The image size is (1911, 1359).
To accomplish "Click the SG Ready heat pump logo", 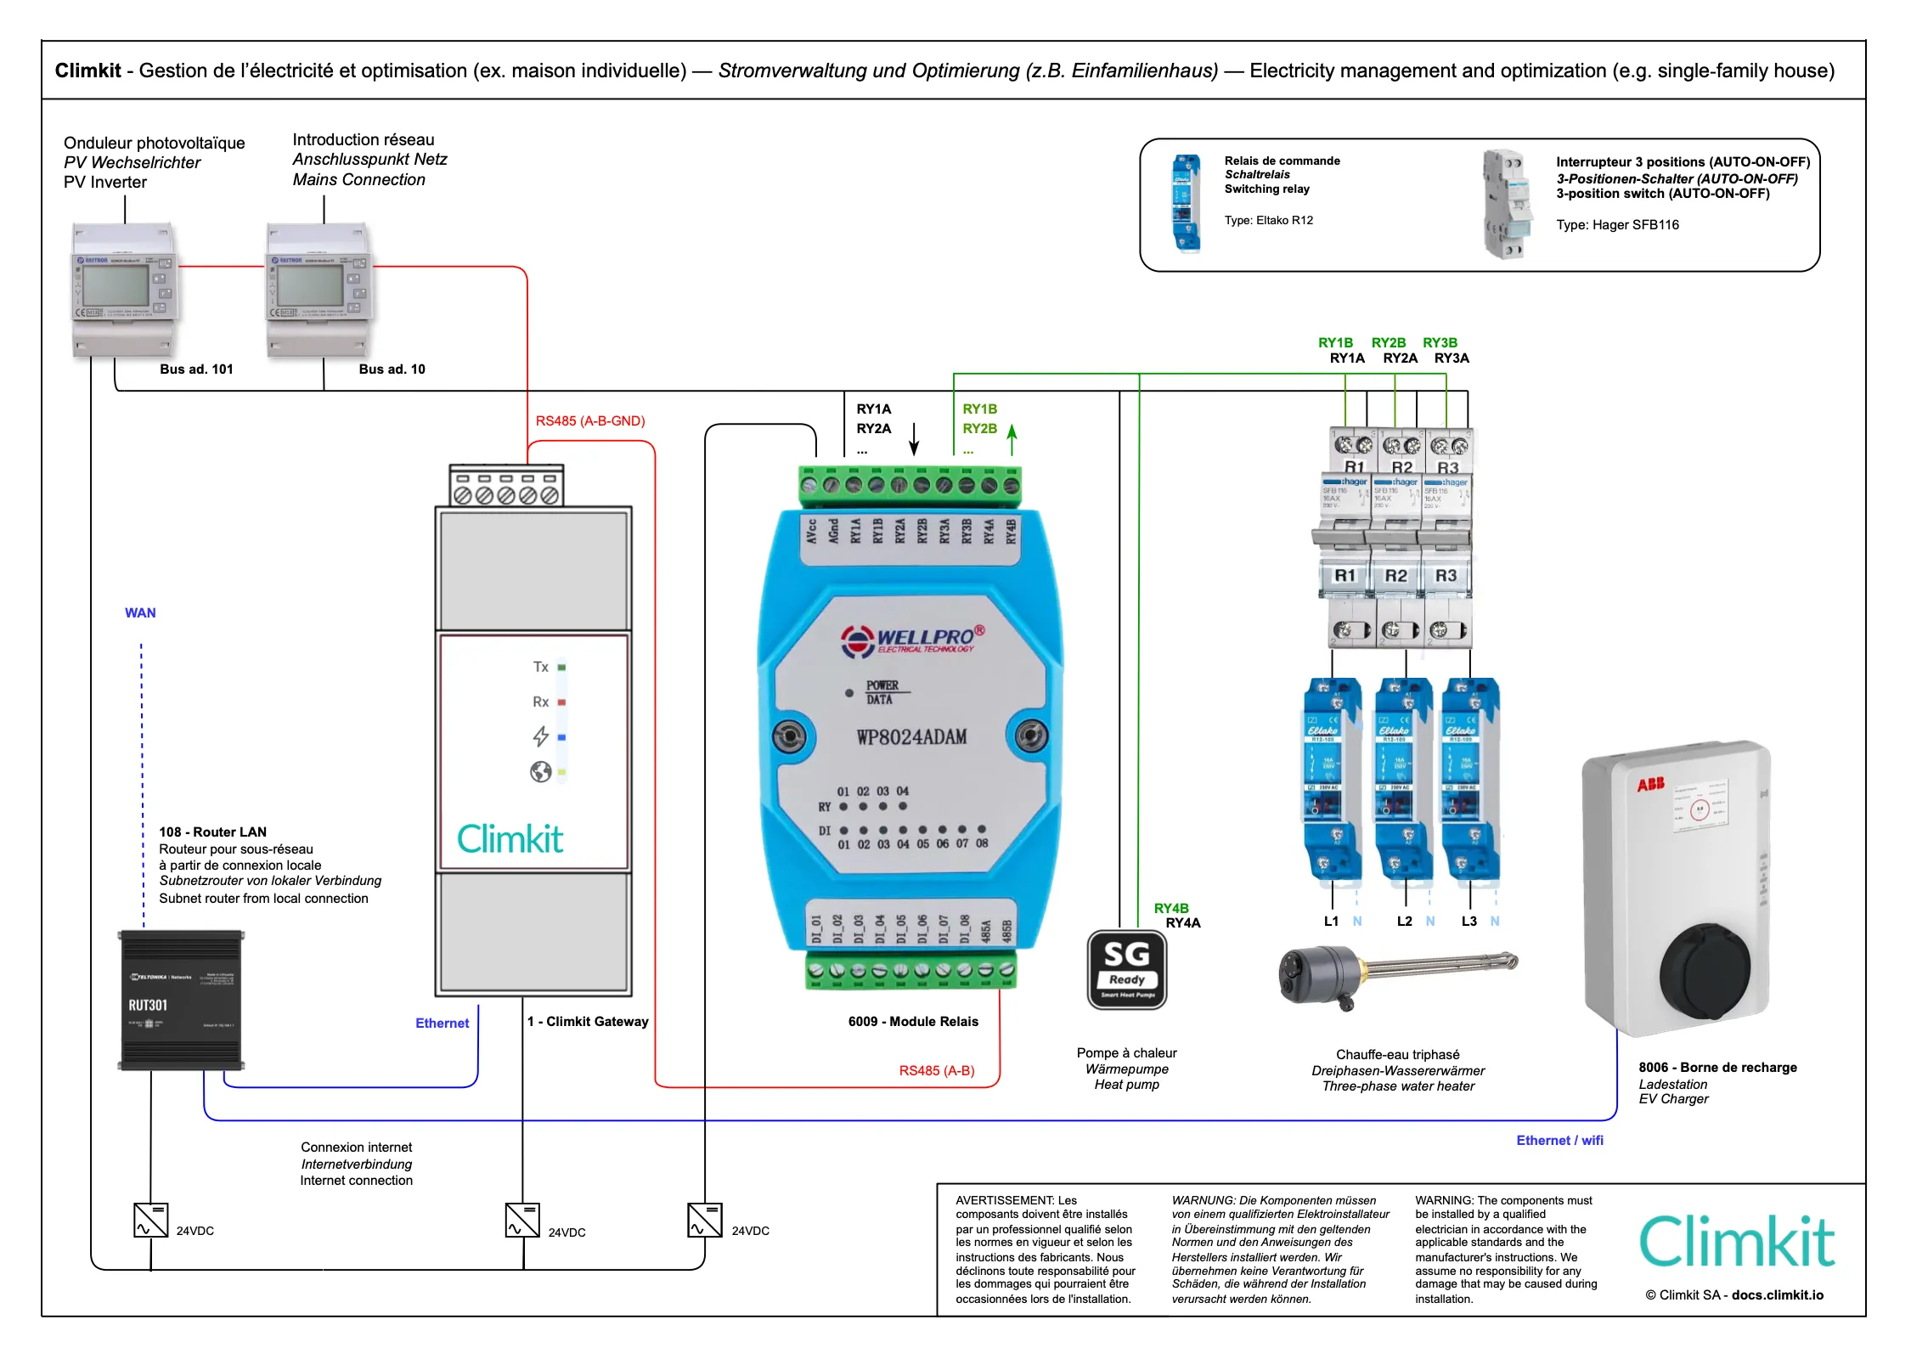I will [x=1126, y=969].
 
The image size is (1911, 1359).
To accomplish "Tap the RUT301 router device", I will [x=181, y=1000].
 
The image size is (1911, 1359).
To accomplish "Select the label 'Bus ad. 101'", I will [x=196, y=369].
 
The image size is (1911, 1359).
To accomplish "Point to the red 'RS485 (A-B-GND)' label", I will [x=590, y=421].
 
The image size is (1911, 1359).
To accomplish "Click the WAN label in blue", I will [x=140, y=613].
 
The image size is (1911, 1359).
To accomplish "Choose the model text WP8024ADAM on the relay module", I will [x=911, y=737].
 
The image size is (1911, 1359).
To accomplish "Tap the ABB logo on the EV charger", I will [x=1650, y=784].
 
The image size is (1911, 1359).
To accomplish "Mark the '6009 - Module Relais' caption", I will [x=913, y=1022].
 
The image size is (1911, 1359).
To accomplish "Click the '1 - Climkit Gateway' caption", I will [x=588, y=1022].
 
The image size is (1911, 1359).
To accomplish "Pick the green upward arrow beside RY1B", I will [x=1012, y=439].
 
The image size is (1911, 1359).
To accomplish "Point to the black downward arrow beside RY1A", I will [x=914, y=439].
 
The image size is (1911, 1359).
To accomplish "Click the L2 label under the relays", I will [x=1405, y=922].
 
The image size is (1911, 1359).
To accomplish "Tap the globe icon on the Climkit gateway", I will [x=540, y=771].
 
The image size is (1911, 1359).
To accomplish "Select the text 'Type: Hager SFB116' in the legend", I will [x=1617, y=225].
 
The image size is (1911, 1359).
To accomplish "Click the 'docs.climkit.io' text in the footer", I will [x=1778, y=1295].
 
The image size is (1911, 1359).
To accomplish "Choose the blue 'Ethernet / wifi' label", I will [x=1559, y=1141].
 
